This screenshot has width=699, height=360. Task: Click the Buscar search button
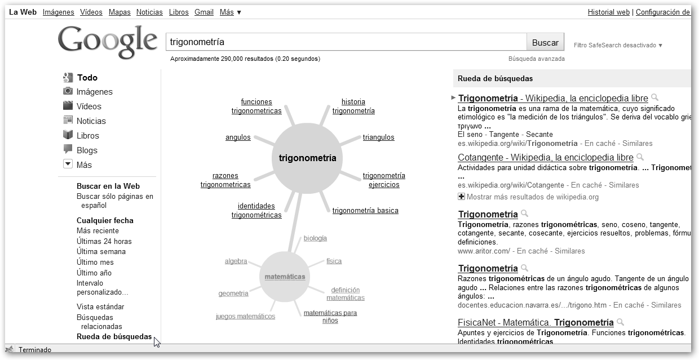point(545,42)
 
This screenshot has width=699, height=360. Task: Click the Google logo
point(108,42)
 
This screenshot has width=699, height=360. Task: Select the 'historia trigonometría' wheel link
point(353,106)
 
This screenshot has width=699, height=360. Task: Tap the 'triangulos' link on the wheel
point(378,137)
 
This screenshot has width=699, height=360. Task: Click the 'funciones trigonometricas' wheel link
point(256,106)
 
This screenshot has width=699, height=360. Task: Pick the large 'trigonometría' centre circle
point(307,158)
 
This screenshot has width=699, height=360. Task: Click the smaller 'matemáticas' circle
point(285,277)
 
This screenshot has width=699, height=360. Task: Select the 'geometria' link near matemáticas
point(233,294)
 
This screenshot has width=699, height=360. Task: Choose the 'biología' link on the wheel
point(315,238)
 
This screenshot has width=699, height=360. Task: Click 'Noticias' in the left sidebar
point(91,121)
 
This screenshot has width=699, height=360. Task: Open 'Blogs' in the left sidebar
point(87,150)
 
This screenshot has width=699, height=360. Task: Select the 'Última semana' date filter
point(101,251)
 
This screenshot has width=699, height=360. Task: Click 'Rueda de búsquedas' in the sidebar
point(114,337)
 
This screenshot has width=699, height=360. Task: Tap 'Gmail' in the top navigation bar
point(203,12)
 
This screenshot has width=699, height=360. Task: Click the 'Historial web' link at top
point(608,12)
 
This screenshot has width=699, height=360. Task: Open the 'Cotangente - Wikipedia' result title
point(545,157)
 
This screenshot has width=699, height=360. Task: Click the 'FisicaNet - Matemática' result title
point(535,322)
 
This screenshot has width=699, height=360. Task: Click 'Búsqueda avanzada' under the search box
point(536,59)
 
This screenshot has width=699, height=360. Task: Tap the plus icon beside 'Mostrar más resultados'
point(462,197)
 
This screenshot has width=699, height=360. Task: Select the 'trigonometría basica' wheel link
point(365,210)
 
